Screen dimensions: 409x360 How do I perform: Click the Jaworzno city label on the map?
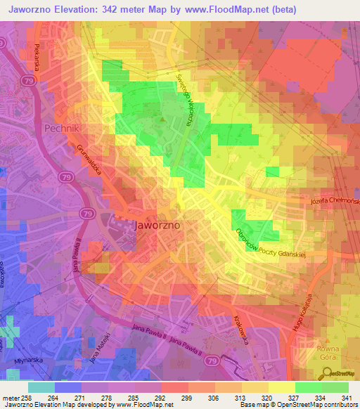pyautogui.click(x=156, y=226)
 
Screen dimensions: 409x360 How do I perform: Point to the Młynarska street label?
pyautogui.click(x=26, y=365)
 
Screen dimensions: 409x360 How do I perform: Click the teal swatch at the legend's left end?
pyautogui.click(x=41, y=387)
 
